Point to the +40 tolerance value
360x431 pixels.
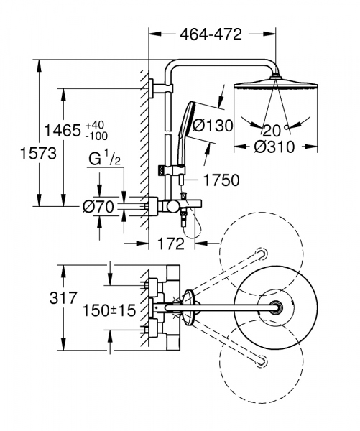96,124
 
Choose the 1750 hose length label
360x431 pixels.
221,181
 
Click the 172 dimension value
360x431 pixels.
170,244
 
